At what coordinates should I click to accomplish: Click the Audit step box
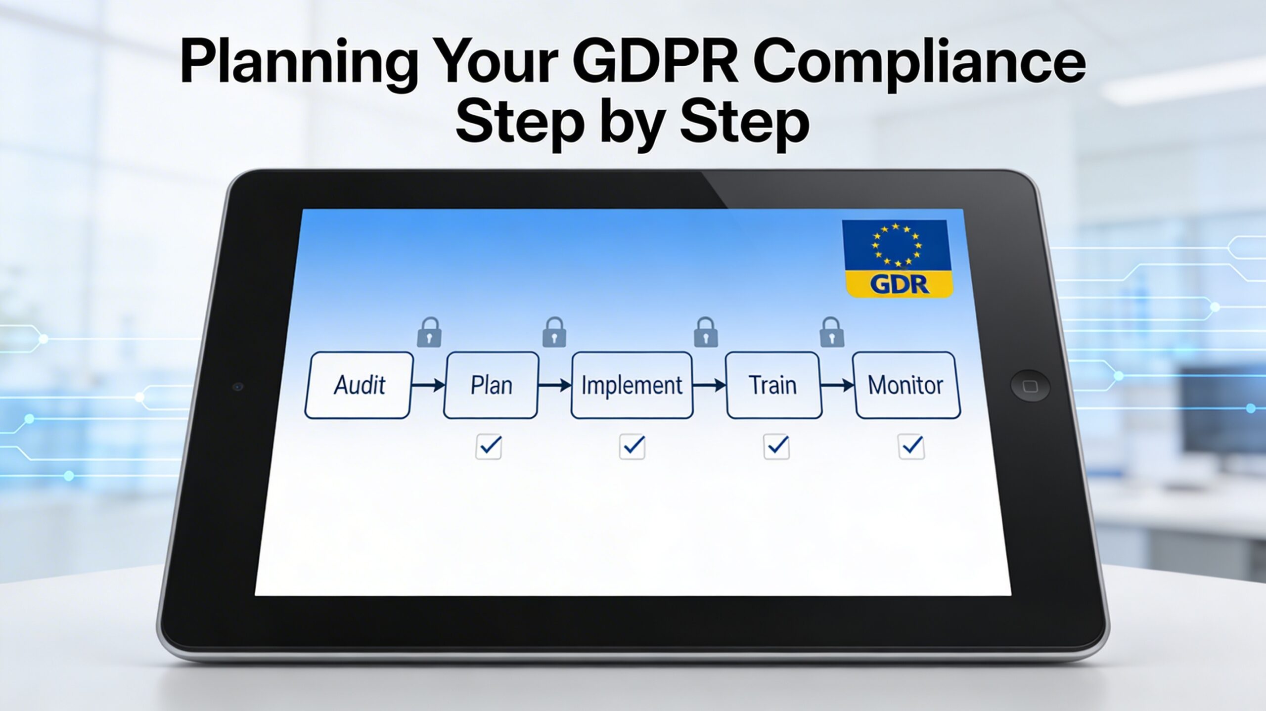pyautogui.click(x=359, y=385)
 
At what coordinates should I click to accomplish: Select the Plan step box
pyautogui.click(x=491, y=385)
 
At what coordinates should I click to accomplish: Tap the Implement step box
pyautogui.click(x=632, y=385)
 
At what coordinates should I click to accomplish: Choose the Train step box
pyautogui.click(x=773, y=385)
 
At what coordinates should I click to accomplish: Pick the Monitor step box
pyautogui.click(x=906, y=385)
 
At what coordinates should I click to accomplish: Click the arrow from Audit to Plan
pyautogui.click(x=428, y=385)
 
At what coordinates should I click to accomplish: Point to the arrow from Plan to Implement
pyautogui.click(x=555, y=385)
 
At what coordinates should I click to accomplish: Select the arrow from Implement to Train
pyautogui.click(x=709, y=385)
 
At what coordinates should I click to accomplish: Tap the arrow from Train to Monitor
pyautogui.click(x=837, y=385)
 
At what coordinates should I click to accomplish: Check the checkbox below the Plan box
pyautogui.click(x=489, y=447)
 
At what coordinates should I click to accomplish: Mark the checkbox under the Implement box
pyautogui.click(x=632, y=447)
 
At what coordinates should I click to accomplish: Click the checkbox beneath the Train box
pyautogui.click(x=776, y=447)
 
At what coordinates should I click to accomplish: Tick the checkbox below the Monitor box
pyautogui.click(x=911, y=447)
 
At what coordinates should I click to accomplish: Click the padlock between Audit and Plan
pyautogui.click(x=429, y=332)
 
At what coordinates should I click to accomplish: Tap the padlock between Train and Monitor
pyautogui.click(x=832, y=332)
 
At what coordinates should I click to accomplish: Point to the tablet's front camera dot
pyautogui.click(x=238, y=386)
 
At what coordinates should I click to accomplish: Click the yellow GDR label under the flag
pyautogui.click(x=899, y=284)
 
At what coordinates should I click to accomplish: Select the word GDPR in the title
pyautogui.click(x=655, y=63)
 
